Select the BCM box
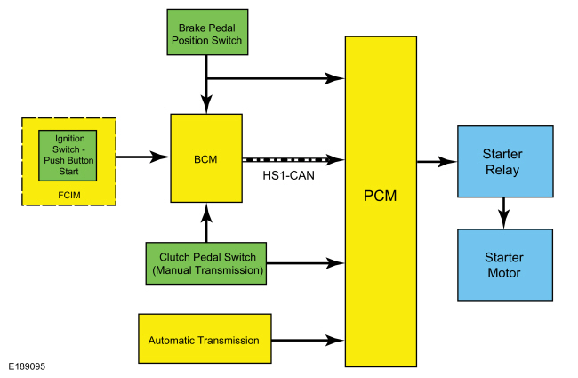click(x=206, y=159)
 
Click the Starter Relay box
click(x=504, y=161)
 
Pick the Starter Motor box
click(x=503, y=264)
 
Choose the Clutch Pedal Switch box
click(x=206, y=263)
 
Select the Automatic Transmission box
click(x=205, y=340)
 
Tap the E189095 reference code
click(x=28, y=366)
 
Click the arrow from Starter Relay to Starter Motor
click(x=504, y=212)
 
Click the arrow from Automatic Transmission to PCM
click(x=307, y=340)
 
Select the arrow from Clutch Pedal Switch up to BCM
click(x=206, y=223)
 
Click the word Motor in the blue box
click(x=503, y=272)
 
